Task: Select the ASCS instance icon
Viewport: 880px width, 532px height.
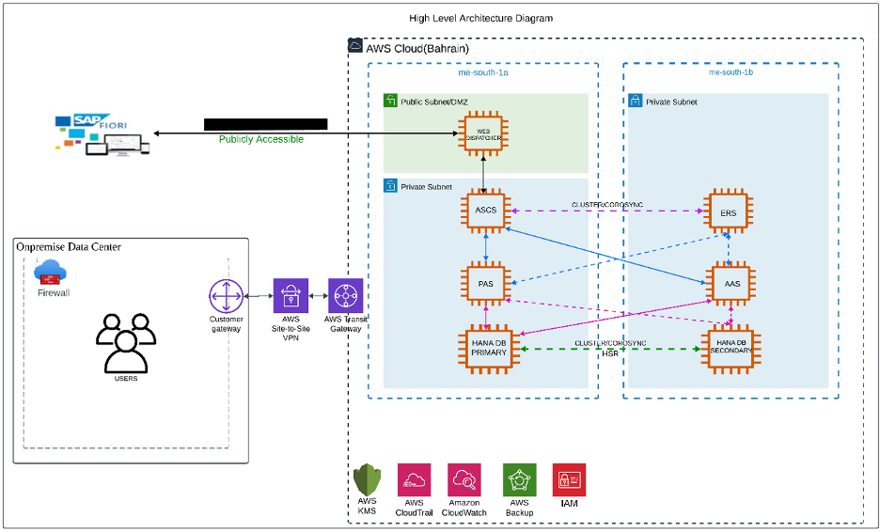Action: [485, 211]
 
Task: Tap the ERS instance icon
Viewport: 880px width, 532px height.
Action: [729, 212]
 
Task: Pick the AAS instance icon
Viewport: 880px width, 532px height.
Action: [729, 282]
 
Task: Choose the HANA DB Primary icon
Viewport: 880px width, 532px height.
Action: [485, 350]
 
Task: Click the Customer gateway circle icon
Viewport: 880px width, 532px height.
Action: [226, 297]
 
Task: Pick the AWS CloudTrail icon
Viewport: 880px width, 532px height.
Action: [415, 480]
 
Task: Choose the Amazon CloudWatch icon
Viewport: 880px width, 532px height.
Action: [465, 480]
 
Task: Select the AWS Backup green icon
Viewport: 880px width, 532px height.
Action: [519, 480]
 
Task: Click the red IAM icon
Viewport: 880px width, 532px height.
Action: [569, 479]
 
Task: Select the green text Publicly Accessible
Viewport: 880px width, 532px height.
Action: [261, 139]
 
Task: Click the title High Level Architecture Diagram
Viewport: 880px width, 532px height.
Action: [480, 18]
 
